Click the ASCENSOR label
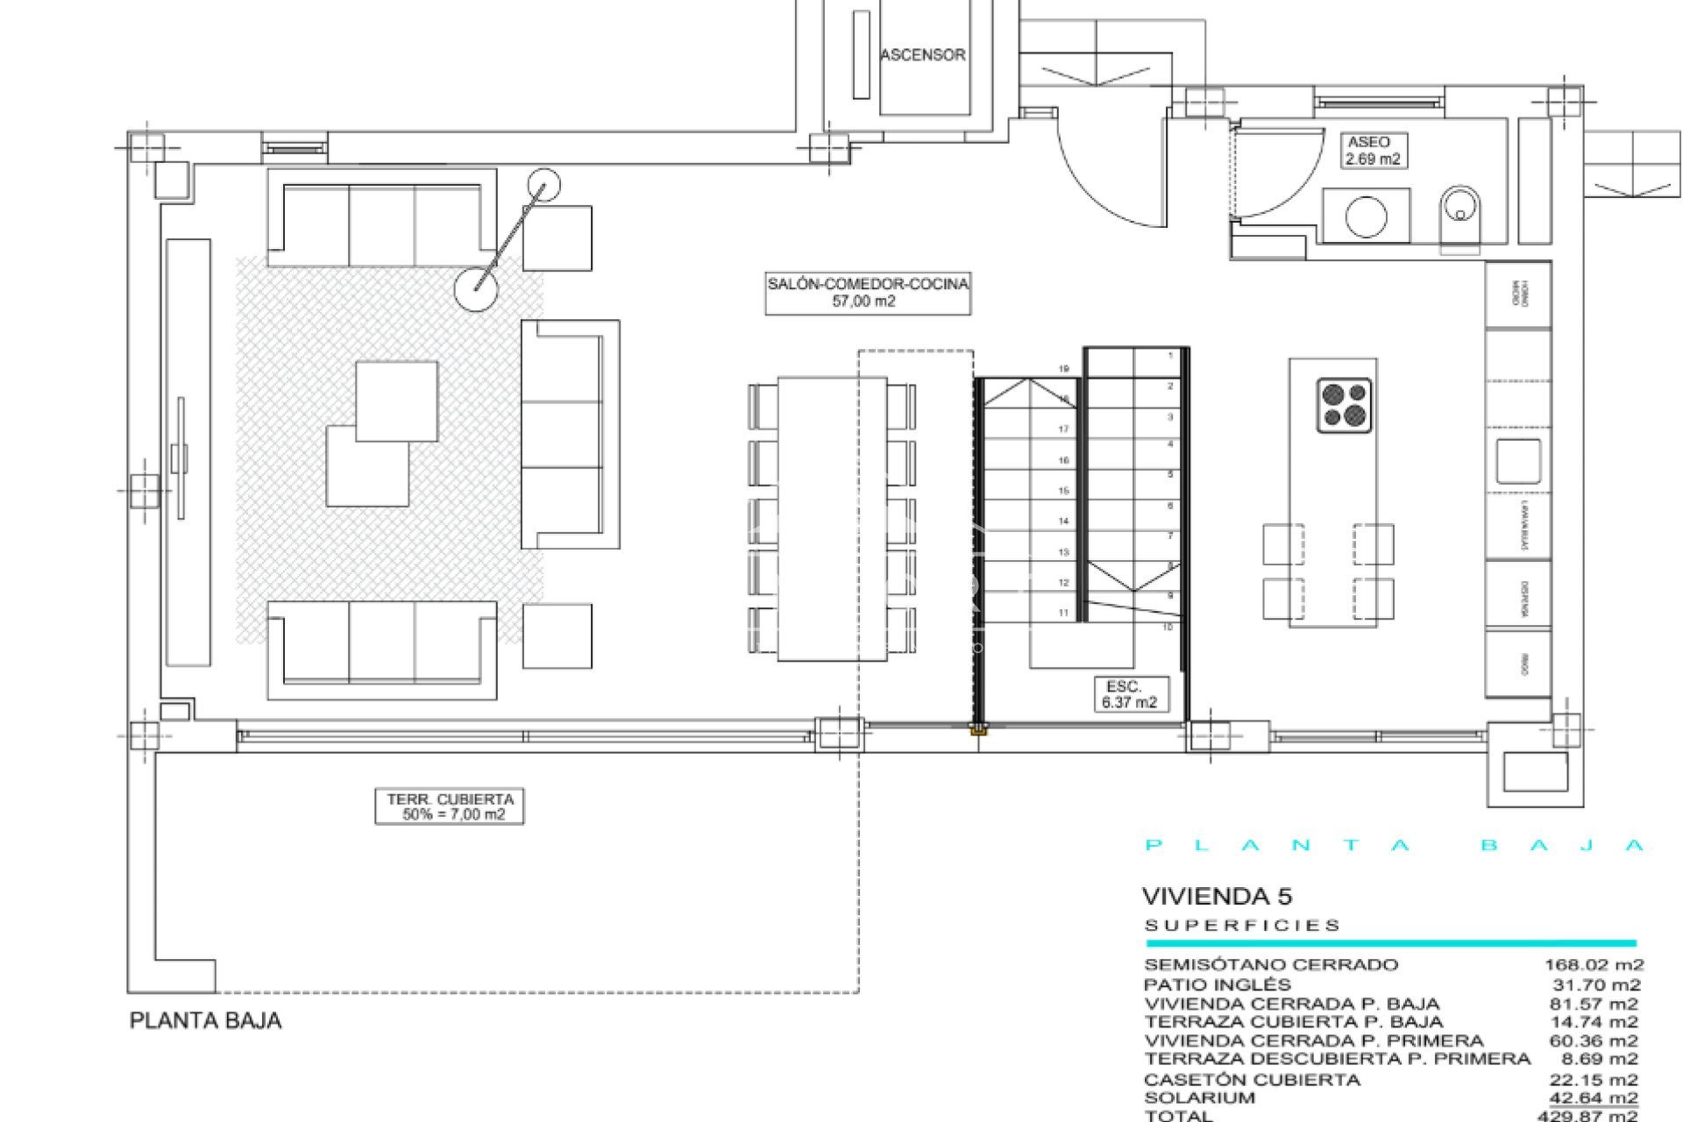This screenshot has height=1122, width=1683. pyautogui.click(x=923, y=55)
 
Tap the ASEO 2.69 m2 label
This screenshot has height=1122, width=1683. pyautogui.click(x=1372, y=151)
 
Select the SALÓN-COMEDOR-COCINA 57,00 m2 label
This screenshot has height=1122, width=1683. pyautogui.click(x=867, y=293)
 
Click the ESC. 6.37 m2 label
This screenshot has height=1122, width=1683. pyautogui.click(x=1129, y=694)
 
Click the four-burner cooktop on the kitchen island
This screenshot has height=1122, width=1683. pyautogui.click(x=1344, y=405)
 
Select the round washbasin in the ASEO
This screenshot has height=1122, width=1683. pyautogui.click(x=1366, y=216)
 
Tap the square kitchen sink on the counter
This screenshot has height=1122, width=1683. pyautogui.click(x=1518, y=461)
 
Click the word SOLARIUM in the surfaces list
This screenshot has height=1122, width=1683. pyautogui.click(x=1199, y=1097)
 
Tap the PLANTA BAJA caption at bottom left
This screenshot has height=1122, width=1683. pyautogui.click(x=205, y=1021)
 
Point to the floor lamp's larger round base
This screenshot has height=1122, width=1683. pyautogui.click(x=476, y=288)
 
